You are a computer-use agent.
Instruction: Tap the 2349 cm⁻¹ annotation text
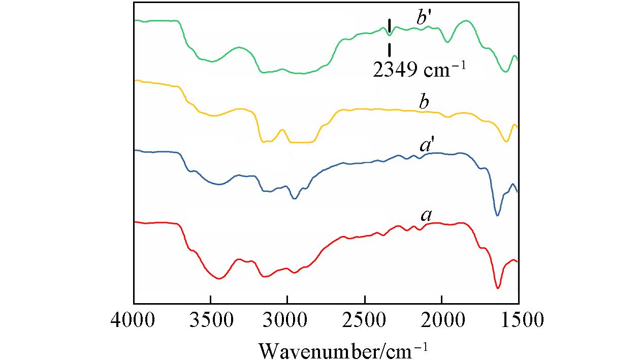tap(419, 70)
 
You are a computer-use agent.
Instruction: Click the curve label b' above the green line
tap(425, 19)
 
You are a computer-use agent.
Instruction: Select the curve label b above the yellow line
tap(424, 102)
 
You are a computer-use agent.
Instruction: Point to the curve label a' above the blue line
tap(427, 146)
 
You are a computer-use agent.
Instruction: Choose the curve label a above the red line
tap(426, 216)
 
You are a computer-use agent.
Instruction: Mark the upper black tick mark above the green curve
tap(389, 25)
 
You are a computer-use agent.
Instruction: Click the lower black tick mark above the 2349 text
tap(389, 50)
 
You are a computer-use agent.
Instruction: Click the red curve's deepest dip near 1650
tap(498, 288)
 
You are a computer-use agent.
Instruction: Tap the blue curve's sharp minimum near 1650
tap(497, 215)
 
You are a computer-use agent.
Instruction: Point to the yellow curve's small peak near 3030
tap(282, 129)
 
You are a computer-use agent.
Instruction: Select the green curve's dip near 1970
tap(447, 42)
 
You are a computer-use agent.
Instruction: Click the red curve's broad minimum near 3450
tap(219, 278)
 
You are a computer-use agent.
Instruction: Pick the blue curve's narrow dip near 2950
tap(295, 199)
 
